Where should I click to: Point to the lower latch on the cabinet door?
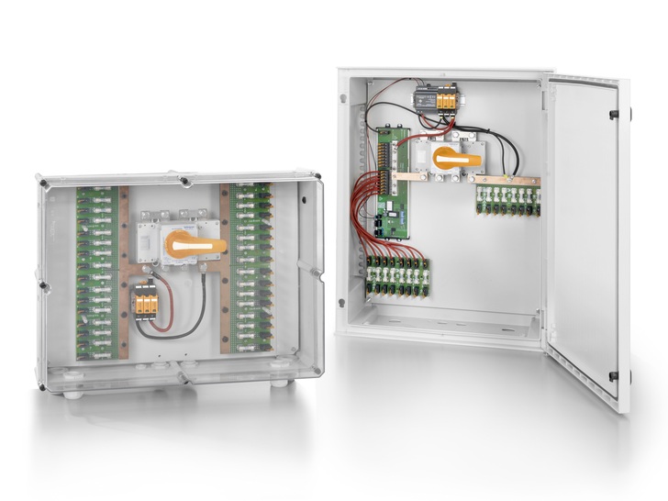[x=612, y=375]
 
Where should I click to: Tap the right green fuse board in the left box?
[x=250, y=266]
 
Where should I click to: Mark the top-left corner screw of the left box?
[x=42, y=184]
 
